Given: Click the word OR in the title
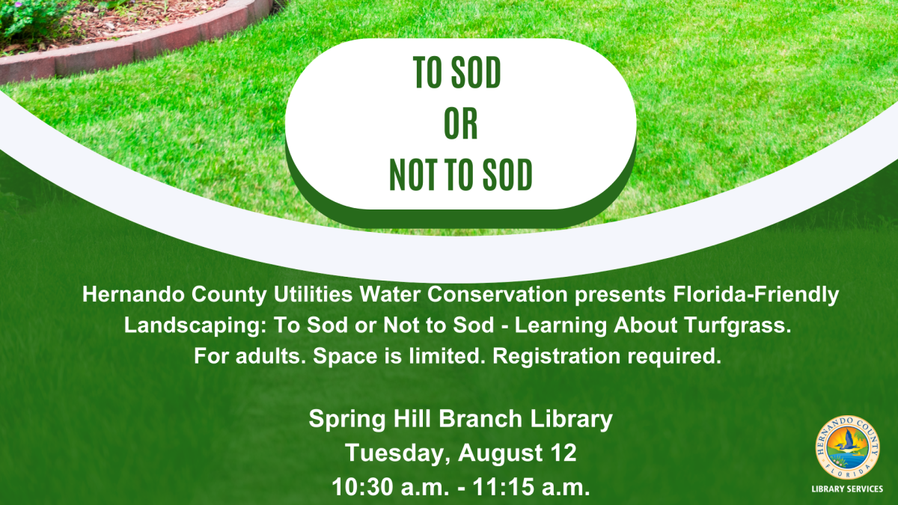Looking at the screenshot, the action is click(461, 123).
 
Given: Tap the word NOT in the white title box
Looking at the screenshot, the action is click(412, 174).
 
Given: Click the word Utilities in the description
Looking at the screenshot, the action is click(313, 295).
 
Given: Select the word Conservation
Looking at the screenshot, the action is click(497, 295).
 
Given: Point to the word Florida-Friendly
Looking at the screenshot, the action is click(756, 296).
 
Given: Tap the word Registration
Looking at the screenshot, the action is click(556, 357).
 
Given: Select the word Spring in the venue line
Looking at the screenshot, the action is click(347, 420).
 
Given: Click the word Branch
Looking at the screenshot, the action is click(480, 419).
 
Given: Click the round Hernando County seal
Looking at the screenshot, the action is click(847, 447).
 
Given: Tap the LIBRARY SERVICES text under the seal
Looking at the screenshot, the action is click(847, 489).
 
